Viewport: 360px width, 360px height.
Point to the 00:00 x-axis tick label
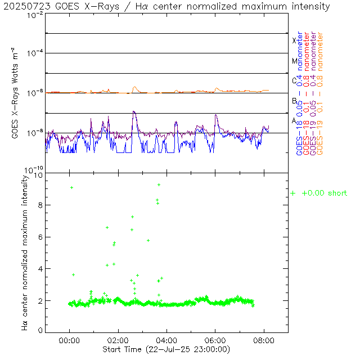[69, 340]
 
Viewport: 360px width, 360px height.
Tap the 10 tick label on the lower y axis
[38, 175]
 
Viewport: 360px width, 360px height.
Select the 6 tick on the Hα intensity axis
[40, 237]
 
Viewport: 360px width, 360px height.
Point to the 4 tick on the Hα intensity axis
[40, 269]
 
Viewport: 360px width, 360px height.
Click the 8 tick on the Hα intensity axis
[40, 206]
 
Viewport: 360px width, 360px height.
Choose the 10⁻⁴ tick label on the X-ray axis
[33, 52]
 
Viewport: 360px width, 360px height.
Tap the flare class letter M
[294, 61]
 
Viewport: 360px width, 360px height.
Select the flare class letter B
[294, 101]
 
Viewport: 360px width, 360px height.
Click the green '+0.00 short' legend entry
[319, 193]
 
